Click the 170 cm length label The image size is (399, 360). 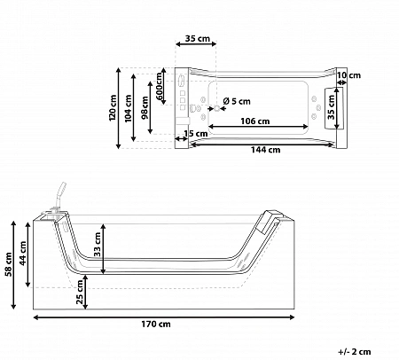(x=156, y=325)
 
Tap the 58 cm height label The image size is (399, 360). (x=9, y=264)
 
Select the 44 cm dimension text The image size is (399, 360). (x=22, y=254)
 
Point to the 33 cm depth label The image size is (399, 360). (x=98, y=244)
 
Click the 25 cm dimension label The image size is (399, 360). (x=80, y=292)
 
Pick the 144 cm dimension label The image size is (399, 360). (x=265, y=150)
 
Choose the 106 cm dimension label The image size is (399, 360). (x=255, y=121)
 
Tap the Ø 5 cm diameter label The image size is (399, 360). (x=237, y=101)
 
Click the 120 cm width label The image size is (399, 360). (x=113, y=107)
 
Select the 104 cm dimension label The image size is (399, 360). (x=128, y=108)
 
